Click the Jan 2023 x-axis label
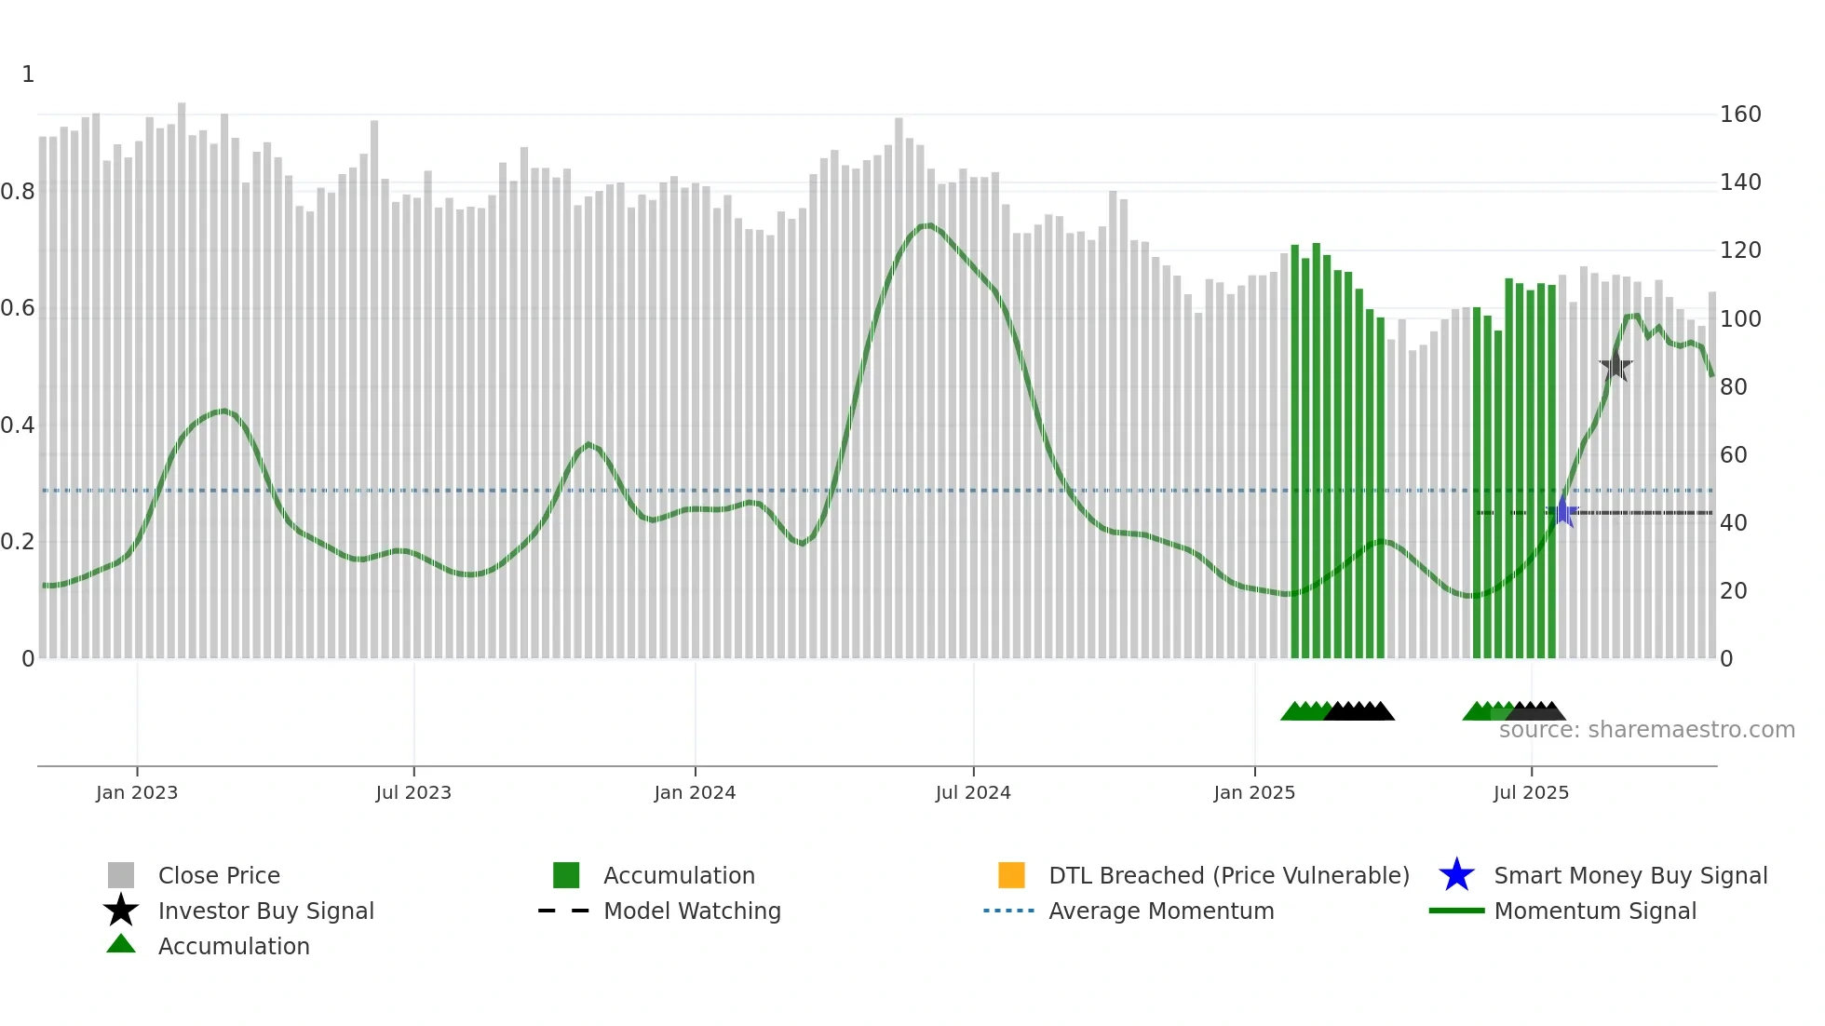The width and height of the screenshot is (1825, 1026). pyautogui.click(x=137, y=793)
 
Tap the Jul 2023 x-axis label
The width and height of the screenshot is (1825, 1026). pyautogui.click(x=413, y=793)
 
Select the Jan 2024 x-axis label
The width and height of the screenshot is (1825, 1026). pyautogui.click(x=695, y=793)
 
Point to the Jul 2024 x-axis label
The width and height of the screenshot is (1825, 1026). pyautogui.click(x=973, y=793)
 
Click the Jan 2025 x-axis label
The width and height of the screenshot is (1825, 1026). pyautogui.click(x=1254, y=793)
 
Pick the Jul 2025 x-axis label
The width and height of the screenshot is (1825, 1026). pyautogui.click(x=1531, y=793)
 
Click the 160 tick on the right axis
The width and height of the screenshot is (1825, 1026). pyautogui.click(x=1740, y=115)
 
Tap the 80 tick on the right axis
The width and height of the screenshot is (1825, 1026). pyautogui.click(x=1734, y=387)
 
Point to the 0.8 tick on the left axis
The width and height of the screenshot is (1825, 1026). pyautogui.click(x=18, y=192)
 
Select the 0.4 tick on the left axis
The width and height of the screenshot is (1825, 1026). pyautogui.click(x=18, y=425)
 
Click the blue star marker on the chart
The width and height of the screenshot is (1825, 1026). pyautogui.click(x=1563, y=512)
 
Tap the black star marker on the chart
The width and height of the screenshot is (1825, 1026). pyautogui.click(x=1616, y=366)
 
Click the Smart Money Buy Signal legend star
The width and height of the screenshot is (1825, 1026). pyautogui.click(x=1456, y=875)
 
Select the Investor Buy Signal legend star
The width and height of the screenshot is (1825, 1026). pyautogui.click(x=121, y=911)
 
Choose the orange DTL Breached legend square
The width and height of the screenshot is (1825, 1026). pyautogui.click(x=1011, y=875)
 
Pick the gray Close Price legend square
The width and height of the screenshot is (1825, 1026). pyautogui.click(x=121, y=875)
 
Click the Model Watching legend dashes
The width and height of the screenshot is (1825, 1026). pyautogui.click(x=564, y=911)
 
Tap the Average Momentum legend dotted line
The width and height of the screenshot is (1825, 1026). pyautogui.click(x=1009, y=911)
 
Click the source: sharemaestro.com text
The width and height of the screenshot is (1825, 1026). pyautogui.click(x=1646, y=730)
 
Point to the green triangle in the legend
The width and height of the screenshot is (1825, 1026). pyautogui.click(x=121, y=944)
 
